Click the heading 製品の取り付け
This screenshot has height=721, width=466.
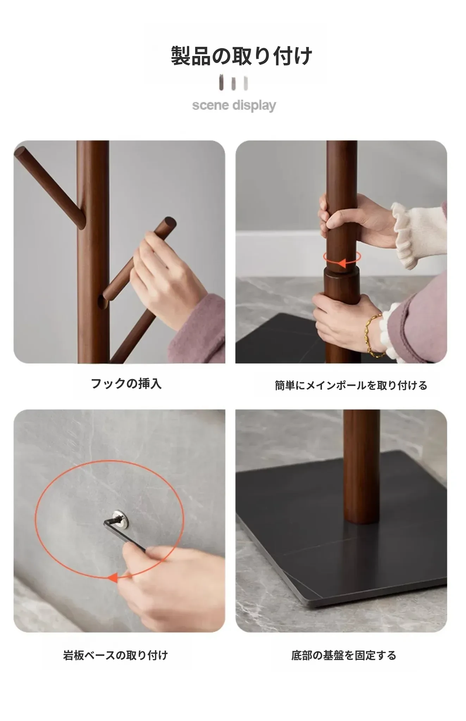[242, 56]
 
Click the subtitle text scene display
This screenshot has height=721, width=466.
[234, 105]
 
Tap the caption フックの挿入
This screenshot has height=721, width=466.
[126, 383]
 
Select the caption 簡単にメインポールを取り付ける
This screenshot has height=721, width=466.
[351, 385]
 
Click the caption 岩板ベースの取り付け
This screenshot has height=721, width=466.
[116, 655]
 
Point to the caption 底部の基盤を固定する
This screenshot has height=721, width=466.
[344, 655]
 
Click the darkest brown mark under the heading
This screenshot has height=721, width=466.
[221, 82]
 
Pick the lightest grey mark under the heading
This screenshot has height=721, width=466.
[246, 83]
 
